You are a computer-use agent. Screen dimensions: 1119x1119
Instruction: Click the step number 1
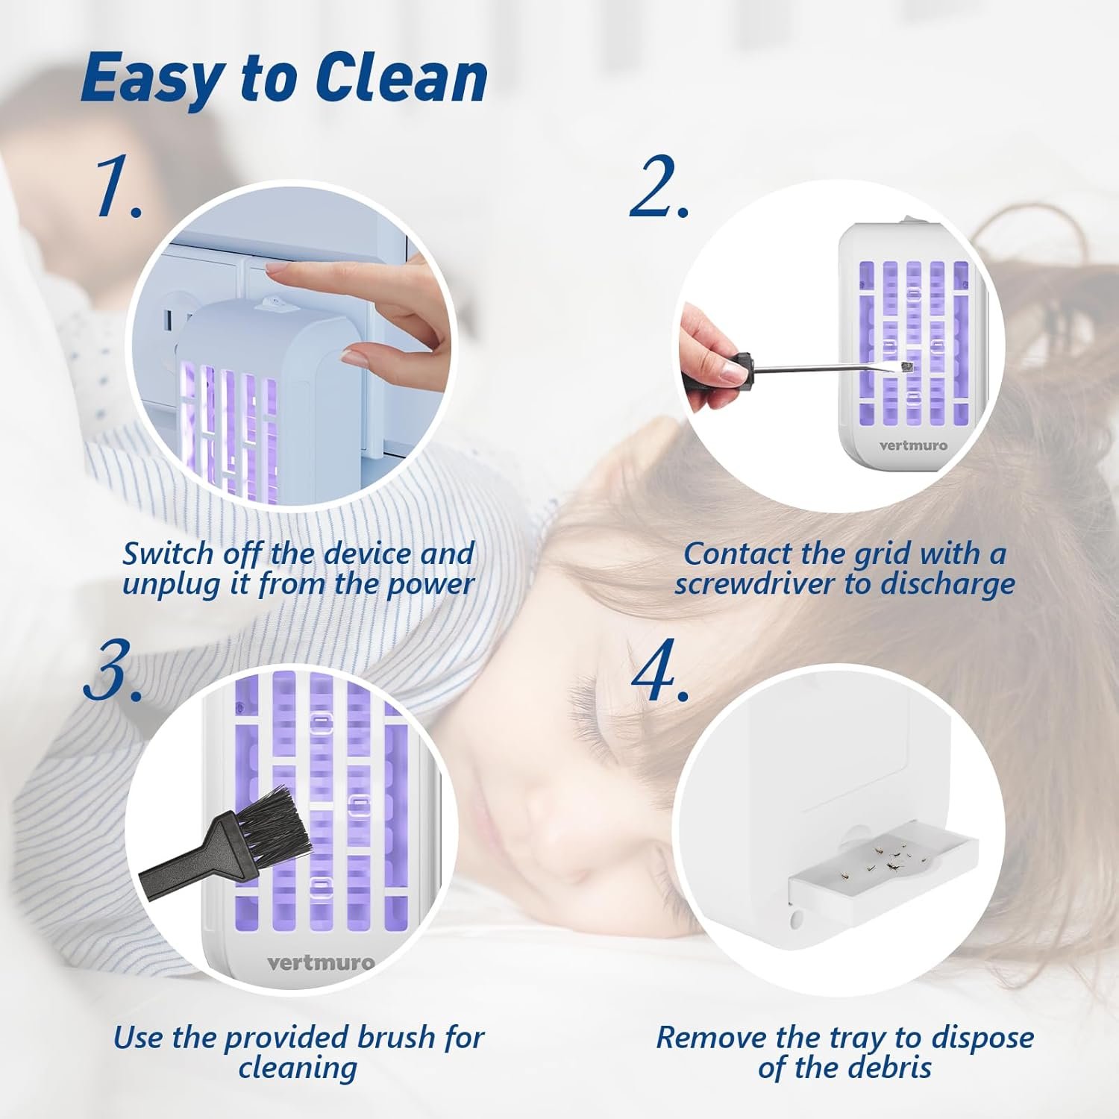(x=119, y=188)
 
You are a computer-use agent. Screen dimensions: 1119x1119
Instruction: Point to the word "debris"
(x=888, y=1068)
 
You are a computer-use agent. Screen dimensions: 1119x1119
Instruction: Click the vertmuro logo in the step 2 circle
(x=913, y=445)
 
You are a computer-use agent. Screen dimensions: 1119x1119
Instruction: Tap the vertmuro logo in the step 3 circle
(x=321, y=962)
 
